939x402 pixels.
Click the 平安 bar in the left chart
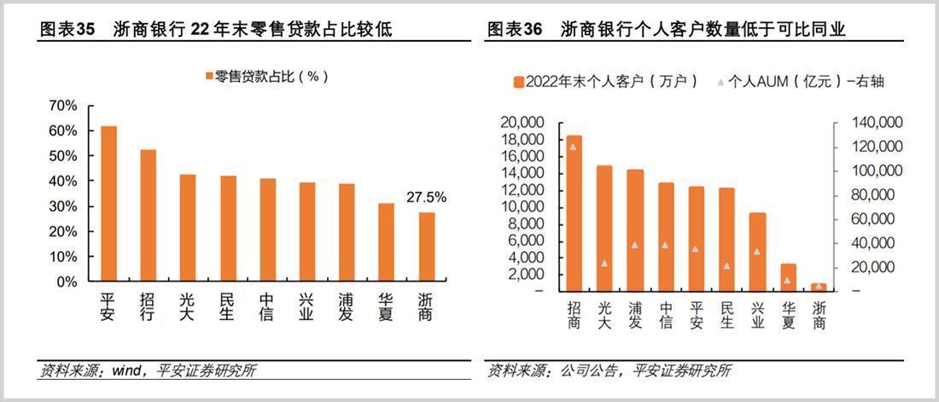coord(108,203)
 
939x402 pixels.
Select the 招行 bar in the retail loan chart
coord(148,215)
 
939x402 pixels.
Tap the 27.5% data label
coord(426,197)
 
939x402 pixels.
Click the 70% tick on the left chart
coord(64,106)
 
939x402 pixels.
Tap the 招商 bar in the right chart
coord(574,213)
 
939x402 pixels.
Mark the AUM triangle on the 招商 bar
coord(574,147)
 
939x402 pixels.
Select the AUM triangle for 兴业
coord(757,251)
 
